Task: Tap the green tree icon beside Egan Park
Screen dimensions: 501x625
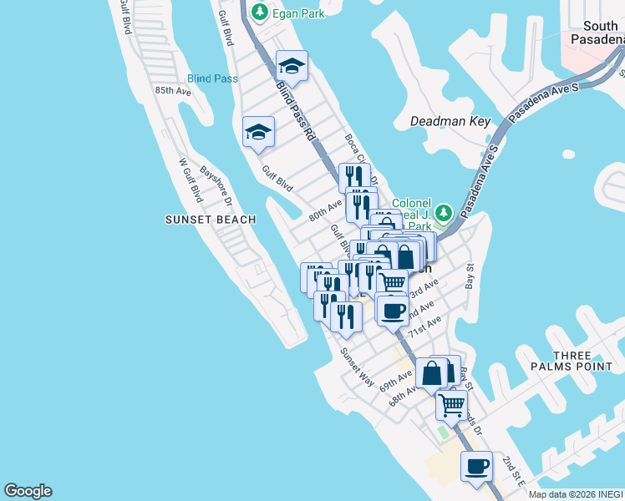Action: click(261, 12)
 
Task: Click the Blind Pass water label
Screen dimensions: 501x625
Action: click(212, 78)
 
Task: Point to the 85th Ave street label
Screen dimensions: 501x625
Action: click(172, 90)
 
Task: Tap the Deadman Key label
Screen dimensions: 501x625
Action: click(450, 121)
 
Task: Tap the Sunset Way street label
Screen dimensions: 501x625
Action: click(357, 365)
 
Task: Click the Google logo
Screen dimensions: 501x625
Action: click(28, 491)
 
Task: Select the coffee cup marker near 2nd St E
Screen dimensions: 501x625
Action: click(477, 468)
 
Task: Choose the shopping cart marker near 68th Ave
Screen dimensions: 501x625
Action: click(452, 406)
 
